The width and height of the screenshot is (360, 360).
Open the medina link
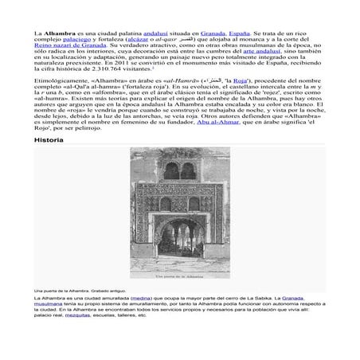pos(138,298)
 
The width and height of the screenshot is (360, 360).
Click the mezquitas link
pos(79,315)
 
